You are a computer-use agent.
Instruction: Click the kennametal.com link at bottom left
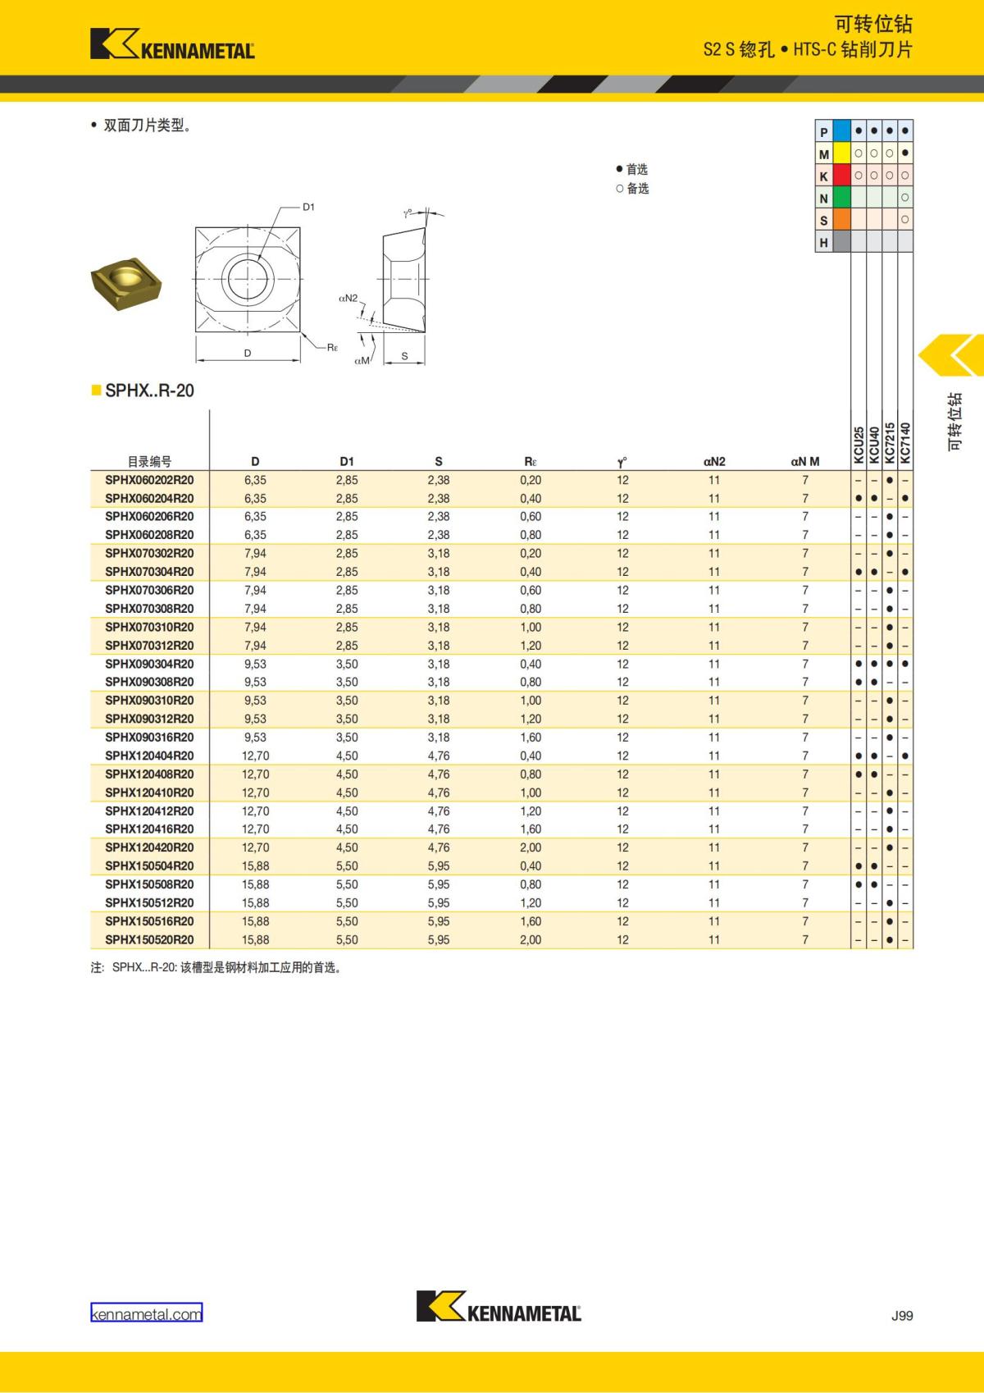[x=146, y=1313]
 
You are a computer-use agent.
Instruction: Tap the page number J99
[x=901, y=1315]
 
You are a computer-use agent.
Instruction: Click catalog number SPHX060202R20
[x=149, y=480]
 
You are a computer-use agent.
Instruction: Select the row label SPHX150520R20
[x=149, y=939]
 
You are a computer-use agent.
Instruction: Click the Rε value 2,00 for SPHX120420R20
[x=531, y=847]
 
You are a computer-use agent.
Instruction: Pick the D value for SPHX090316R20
[x=255, y=737]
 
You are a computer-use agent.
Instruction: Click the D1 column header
[x=347, y=461]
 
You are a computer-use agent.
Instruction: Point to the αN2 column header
[x=714, y=461]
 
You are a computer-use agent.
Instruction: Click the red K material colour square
[x=842, y=176]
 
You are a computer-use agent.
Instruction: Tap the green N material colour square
[x=842, y=198]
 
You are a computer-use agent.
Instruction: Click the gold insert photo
[x=125, y=281]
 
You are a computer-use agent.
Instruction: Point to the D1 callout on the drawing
[x=308, y=207]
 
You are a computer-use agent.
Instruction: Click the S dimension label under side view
[x=404, y=356]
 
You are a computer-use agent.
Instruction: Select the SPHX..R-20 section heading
[x=149, y=390]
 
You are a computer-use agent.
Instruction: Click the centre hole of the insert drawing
[x=248, y=279]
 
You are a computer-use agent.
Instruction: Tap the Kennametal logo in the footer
[x=499, y=1306]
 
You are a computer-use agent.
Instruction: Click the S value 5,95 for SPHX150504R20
[x=439, y=865]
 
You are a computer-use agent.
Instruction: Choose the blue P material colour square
[x=842, y=131]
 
